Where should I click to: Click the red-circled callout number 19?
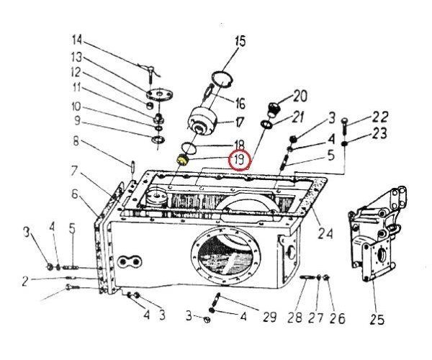pos(239,159)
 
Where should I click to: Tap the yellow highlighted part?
pos(182,160)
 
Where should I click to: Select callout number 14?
pos(77,40)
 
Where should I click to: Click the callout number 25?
pos(377,320)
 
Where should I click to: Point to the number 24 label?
pos(325,233)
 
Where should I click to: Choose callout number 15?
pos(240,41)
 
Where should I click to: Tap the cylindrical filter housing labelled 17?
pos(202,121)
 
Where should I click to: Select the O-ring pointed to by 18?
pos(189,148)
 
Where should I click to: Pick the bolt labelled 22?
pos(344,126)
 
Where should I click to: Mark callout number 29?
pos(269,317)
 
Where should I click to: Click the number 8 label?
pos(76,141)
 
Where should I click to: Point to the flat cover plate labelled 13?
pos(159,94)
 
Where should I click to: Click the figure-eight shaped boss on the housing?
pos(129,261)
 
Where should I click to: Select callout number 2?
pos(25,282)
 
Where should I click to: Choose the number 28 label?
pos(294,318)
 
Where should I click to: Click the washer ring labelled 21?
pos(266,124)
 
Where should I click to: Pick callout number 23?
pos(379,134)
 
